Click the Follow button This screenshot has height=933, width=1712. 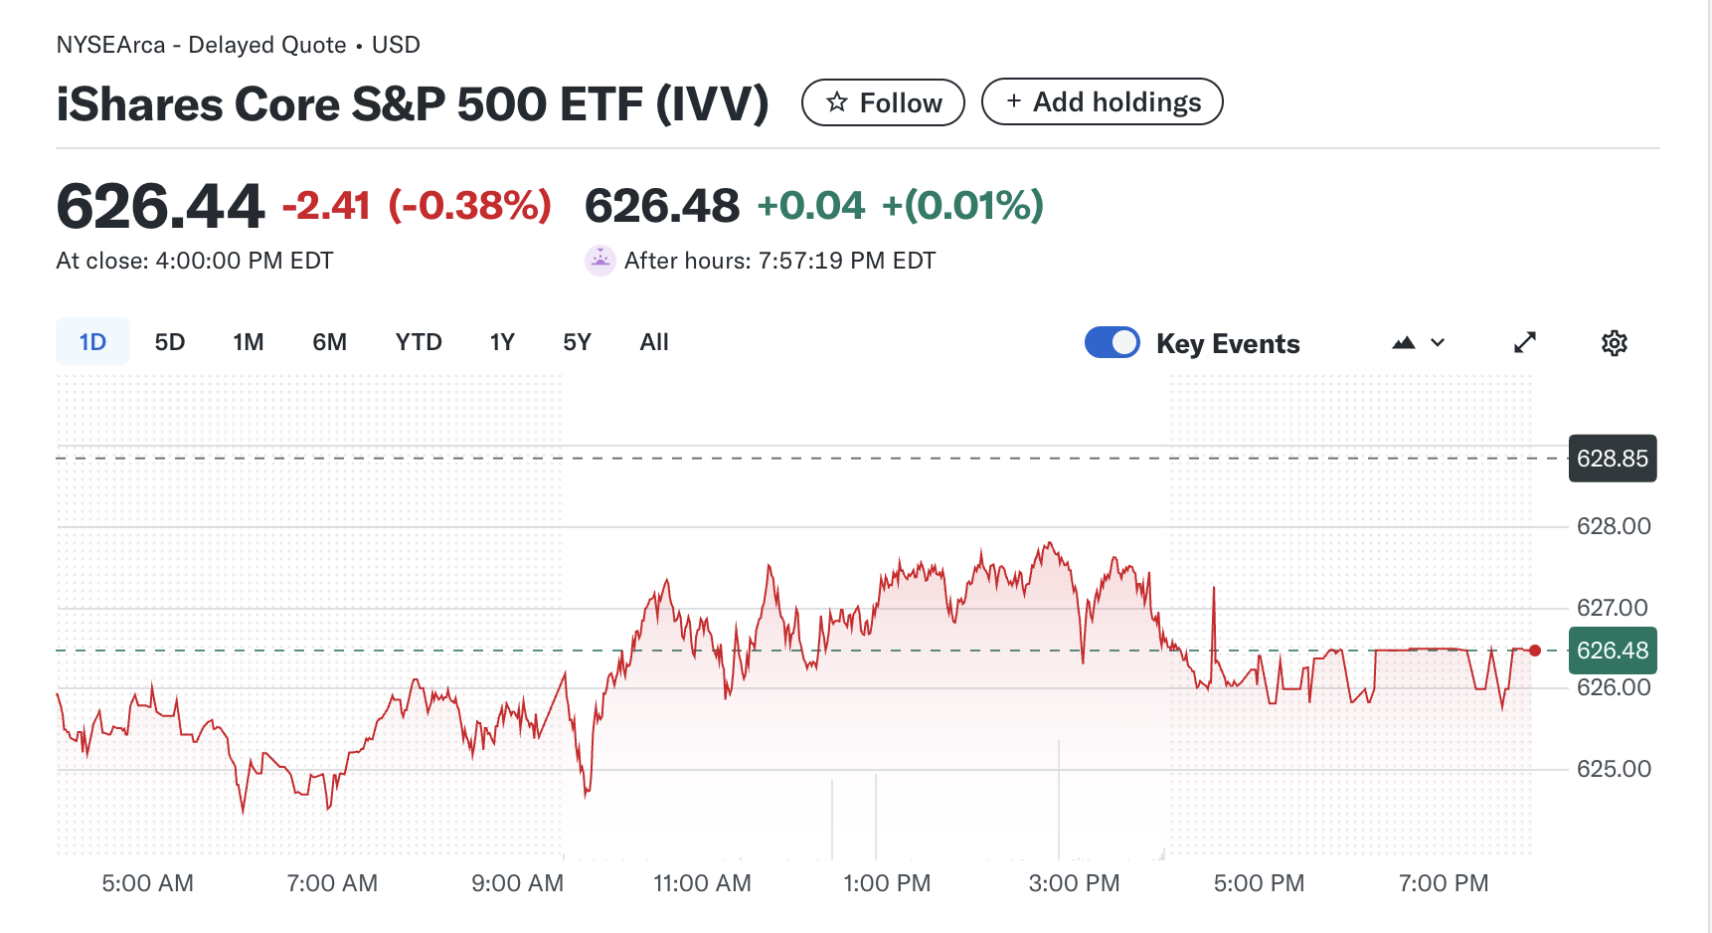[x=883, y=102]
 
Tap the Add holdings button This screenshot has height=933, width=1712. [x=1102, y=102]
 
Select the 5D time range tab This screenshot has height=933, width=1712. [x=170, y=342]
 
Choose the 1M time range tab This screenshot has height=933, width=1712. [x=249, y=342]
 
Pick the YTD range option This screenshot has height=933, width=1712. [x=419, y=342]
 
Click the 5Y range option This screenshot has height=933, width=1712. [x=577, y=342]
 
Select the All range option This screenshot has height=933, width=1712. [x=654, y=342]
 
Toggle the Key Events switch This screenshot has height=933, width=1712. [x=1113, y=342]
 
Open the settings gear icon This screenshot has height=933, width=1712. [x=1614, y=343]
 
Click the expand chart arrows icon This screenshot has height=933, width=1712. [x=1525, y=343]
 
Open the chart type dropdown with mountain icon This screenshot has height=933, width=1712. [x=1418, y=343]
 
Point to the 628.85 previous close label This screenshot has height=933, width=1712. [x=1612, y=459]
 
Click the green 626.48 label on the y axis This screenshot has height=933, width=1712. [x=1612, y=651]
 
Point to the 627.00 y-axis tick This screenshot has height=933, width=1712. [x=1613, y=608]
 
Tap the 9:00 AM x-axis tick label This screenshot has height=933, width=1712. [x=517, y=883]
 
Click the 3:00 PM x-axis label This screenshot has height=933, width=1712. [x=1074, y=883]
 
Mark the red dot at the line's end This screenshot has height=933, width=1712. [x=1535, y=651]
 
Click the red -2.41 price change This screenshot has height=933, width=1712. [x=326, y=206]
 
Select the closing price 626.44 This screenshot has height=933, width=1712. [x=161, y=206]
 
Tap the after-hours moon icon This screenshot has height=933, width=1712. [x=599, y=261]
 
